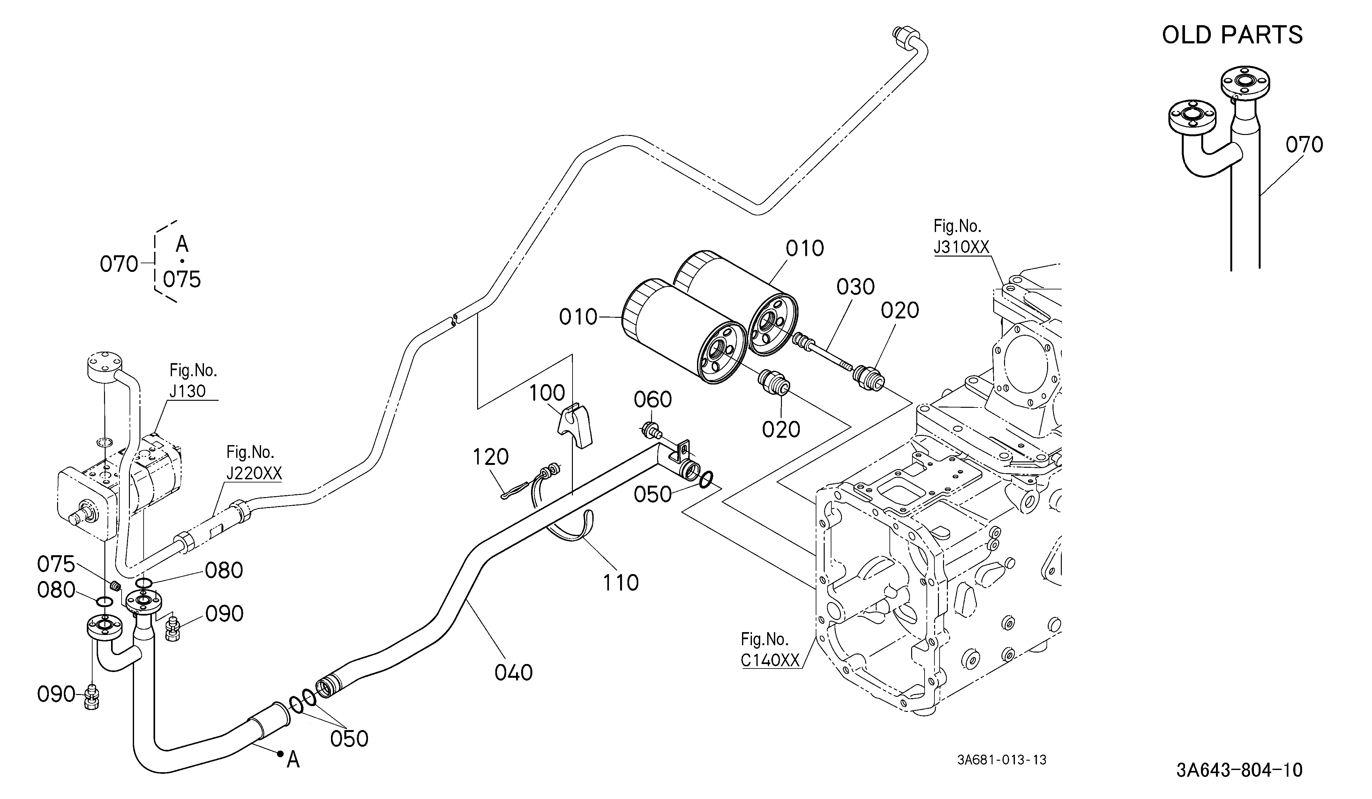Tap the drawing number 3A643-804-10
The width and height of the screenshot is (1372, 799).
point(1239,770)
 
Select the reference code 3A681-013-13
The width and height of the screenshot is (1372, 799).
point(1002,760)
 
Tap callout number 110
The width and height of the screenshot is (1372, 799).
point(621,583)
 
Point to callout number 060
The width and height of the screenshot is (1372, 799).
point(653,400)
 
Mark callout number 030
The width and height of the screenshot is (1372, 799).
point(855,287)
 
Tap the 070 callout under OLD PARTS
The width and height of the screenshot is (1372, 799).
point(1304,145)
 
